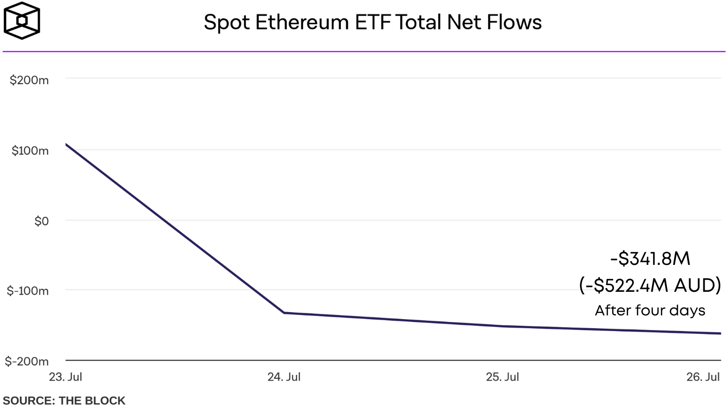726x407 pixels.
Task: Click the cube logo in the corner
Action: [22, 20]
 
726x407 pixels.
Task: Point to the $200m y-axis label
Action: [29, 80]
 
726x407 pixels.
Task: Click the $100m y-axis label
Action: [30, 151]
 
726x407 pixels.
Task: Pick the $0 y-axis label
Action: [42, 221]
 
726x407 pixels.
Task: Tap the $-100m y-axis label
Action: [28, 291]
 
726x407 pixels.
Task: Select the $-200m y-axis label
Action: [27, 361]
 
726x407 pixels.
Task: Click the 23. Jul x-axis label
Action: [66, 377]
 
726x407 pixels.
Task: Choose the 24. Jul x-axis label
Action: [284, 377]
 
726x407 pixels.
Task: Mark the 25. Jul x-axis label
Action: [502, 377]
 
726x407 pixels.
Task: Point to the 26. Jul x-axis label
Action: [703, 377]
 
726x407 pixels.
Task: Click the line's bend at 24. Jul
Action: [284, 313]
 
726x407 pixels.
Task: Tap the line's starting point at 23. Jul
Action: [66, 144]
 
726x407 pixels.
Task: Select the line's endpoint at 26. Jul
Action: [720, 333]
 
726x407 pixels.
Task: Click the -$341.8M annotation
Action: [650, 258]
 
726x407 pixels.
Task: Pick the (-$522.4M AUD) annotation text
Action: [650, 285]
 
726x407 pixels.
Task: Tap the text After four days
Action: [650, 310]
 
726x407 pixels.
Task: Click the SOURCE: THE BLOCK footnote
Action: [64, 400]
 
